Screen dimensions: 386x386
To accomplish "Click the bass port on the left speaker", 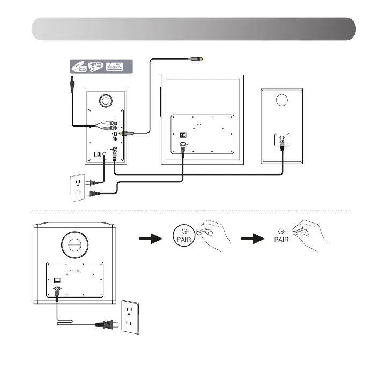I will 106,100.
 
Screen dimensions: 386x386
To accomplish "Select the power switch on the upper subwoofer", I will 183,135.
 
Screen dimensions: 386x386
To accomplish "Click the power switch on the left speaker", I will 98,155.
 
